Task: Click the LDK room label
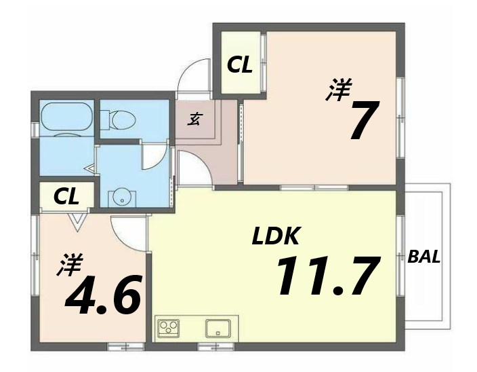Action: [275, 236]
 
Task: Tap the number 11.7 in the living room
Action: [329, 276]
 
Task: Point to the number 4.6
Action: [104, 295]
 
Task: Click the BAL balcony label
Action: [423, 257]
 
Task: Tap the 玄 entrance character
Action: [194, 119]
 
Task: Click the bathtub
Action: [66, 119]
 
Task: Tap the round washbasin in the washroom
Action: [122, 196]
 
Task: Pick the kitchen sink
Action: [217, 329]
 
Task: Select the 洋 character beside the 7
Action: [339, 90]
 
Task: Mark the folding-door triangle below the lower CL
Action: [77, 222]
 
